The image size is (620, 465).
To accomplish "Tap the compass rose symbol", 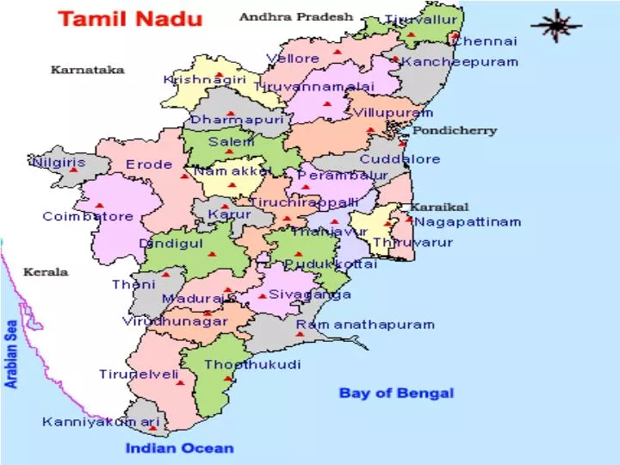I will click(555, 26).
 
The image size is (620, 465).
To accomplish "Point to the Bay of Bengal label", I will click(396, 393).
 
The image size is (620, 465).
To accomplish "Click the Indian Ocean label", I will click(179, 447).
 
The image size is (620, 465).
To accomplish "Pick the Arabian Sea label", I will click(12, 354).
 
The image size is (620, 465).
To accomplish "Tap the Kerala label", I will click(45, 272).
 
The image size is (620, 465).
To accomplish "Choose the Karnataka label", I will click(87, 70).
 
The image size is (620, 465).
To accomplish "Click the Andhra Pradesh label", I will click(295, 16).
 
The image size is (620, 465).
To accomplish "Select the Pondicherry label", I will click(455, 131).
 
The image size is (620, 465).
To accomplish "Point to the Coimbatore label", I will click(88, 216).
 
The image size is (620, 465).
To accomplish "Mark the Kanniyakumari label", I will click(102, 422).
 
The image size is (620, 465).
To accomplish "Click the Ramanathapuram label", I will click(365, 325).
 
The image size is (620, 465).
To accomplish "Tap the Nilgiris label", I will click(59, 162).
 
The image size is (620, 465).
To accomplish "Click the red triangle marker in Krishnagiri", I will click(220, 75).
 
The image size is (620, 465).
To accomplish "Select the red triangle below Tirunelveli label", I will click(180, 383).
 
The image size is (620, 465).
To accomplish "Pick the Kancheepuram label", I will click(460, 62).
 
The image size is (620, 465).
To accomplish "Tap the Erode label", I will click(149, 164).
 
